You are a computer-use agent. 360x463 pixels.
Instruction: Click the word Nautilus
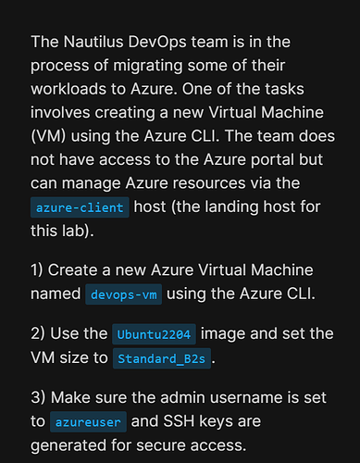tap(93, 42)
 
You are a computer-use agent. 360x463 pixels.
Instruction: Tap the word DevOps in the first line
tap(157, 43)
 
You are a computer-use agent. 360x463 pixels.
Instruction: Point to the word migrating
tap(148, 67)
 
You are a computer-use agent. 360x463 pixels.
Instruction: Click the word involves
tap(60, 112)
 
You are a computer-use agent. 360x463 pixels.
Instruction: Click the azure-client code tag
tap(80, 207)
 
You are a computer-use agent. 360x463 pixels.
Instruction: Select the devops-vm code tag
tap(123, 294)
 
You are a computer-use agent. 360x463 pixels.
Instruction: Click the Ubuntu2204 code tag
tap(154, 334)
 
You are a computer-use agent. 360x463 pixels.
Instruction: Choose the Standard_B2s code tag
tap(162, 358)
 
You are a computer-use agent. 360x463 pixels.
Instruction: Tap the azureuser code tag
tap(88, 422)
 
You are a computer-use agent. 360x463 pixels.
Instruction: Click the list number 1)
tap(37, 270)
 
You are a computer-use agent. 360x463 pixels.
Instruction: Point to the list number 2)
tap(38, 333)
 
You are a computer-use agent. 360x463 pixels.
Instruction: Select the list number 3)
tap(38, 397)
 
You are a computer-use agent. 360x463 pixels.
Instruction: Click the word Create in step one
tap(75, 270)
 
